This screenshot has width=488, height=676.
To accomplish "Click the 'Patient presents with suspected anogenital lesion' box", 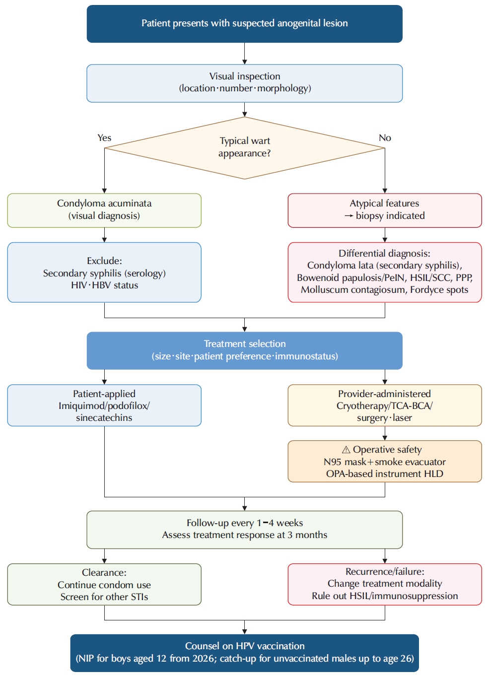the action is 244,23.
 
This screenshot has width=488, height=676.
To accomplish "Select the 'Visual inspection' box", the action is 244,83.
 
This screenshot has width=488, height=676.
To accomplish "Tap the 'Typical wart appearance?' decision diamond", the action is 244,148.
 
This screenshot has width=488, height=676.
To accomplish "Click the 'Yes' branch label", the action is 104,138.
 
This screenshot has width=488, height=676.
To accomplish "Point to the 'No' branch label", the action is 385,138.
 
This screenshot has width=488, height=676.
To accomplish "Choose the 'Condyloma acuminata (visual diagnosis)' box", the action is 104,210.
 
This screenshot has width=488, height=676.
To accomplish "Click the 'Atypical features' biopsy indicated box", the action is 385,210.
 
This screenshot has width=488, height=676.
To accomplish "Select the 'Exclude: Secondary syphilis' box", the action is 104,272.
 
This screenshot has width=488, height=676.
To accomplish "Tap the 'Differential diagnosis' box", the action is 385,272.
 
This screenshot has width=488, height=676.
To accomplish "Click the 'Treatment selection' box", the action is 244,351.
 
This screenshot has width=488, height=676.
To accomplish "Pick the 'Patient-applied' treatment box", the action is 104,406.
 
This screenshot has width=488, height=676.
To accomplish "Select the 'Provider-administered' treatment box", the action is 385,406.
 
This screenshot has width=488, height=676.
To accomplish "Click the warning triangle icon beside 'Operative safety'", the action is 346,450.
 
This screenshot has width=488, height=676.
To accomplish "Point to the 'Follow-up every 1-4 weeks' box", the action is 244,530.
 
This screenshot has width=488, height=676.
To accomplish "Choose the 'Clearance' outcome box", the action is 104,584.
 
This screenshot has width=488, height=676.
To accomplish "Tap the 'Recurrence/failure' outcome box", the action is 385,584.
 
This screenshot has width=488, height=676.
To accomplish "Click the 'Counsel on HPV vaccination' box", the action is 244,653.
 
